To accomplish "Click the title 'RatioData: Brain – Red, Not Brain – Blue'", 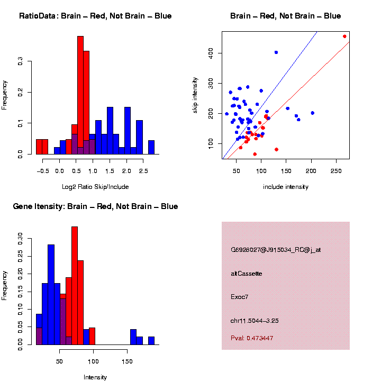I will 95,16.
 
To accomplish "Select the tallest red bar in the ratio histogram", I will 80,95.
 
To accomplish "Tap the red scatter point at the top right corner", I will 344,37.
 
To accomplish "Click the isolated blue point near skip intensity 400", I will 276,52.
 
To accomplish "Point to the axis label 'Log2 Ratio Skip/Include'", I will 95,187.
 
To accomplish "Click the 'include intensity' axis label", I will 286,187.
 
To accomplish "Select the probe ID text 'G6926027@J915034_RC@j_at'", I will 276,250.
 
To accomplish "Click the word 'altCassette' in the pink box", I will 247,274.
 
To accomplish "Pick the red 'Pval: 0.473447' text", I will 252,338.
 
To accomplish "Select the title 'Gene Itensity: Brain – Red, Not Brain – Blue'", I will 95,206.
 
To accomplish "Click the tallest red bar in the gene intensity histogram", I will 75,286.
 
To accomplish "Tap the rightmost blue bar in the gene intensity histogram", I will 151,341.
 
